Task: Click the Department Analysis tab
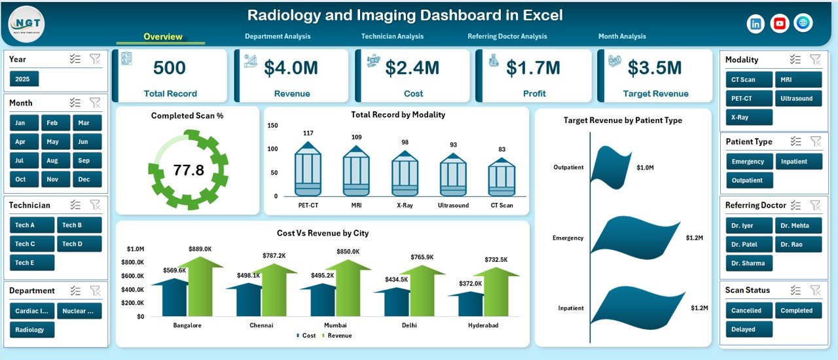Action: point(278,37)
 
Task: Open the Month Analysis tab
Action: point(621,37)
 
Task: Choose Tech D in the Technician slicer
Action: point(79,244)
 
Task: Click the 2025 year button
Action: point(24,79)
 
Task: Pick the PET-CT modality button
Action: point(748,98)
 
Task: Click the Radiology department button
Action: point(31,330)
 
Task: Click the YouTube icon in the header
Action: point(780,24)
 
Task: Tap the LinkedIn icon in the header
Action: point(756,24)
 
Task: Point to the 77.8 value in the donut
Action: point(189,171)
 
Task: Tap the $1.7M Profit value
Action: point(534,67)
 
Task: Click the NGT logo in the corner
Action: point(26,24)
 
